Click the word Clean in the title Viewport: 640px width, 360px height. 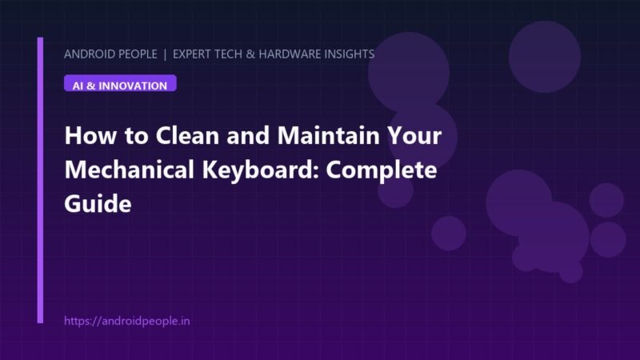click(188, 135)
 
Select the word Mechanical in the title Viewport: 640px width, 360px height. click(129, 170)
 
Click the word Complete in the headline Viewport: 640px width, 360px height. click(382, 170)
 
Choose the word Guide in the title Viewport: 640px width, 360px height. click(98, 204)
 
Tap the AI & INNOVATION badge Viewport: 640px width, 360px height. click(120, 83)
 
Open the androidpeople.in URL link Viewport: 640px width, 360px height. click(127, 322)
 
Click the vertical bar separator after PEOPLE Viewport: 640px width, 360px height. click(165, 54)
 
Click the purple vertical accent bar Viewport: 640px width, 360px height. click(40, 181)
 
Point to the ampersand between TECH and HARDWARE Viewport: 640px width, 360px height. click(250, 54)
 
